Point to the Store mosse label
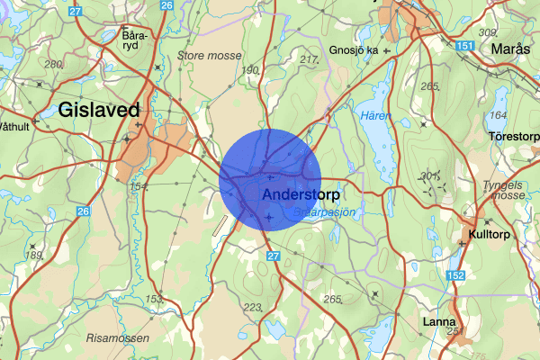click(x=210, y=55)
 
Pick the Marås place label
click(x=511, y=49)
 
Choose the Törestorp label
click(x=513, y=137)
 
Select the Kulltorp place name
click(x=491, y=235)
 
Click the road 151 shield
click(x=463, y=46)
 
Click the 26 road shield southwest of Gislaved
click(x=83, y=211)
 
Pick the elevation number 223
click(x=252, y=307)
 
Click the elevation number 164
click(x=499, y=115)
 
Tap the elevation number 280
click(x=53, y=64)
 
